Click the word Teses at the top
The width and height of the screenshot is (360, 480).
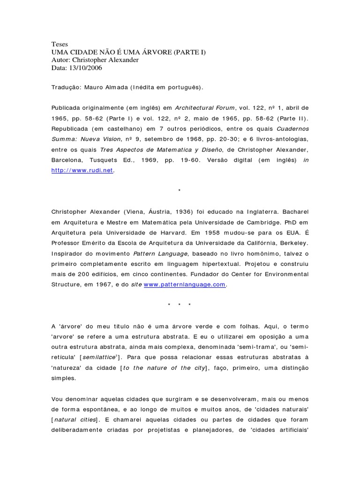click(60, 45)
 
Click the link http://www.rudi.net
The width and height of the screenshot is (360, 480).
click(82, 170)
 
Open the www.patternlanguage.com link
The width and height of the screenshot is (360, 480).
click(185, 284)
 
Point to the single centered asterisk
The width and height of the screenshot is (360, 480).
click(180, 191)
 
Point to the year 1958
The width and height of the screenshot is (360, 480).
click(236, 232)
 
